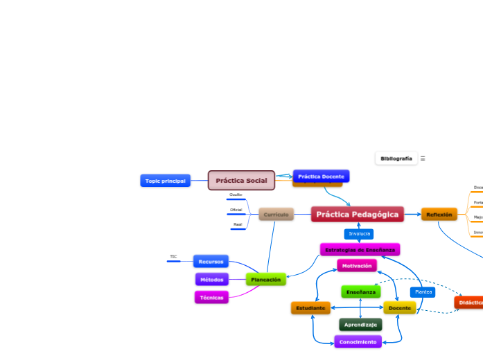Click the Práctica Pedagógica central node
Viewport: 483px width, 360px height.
click(x=357, y=215)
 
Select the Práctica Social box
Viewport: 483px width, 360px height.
click(x=241, y=181)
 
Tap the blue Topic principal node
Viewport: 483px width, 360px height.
click(x=165, y=181)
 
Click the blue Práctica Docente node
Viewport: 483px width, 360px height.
click(x=321, y=176)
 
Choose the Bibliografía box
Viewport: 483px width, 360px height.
click(x=396, y=159)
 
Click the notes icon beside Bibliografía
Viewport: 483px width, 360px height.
click(x=423, y=159)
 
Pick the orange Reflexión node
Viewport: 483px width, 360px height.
click(x=439, y=215)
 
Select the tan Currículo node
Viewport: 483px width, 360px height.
click(x=276, y=215)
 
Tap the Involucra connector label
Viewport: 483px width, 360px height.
click(x=359, y=234)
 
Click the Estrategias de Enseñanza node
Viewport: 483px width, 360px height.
click(x=360, y=249)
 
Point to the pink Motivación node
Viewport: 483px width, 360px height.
click(x=357, y=265)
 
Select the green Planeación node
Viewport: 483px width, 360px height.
click(x=266, y=280)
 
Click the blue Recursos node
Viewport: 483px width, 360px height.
click(x=211, y=262)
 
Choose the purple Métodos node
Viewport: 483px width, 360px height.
click(x=211, y=280)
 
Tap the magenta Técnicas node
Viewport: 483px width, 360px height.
click(x=211, y=297)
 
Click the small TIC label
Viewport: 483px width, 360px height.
click(x=173, y=257)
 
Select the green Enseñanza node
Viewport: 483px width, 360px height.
click(x=360, y=292)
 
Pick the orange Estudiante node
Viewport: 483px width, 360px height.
click(x=310, y=307)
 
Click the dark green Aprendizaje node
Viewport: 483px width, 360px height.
click(x=360, y=324)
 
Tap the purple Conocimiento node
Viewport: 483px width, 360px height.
click(x=358, y=341)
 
